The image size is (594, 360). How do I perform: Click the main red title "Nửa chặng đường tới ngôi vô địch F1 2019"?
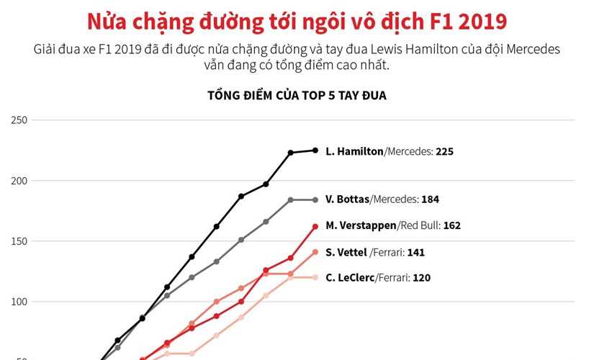tap(297, 21)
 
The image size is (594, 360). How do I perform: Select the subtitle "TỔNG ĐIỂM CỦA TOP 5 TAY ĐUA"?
tap(297, 95)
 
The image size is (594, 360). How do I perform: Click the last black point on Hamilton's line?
tap(315, 150)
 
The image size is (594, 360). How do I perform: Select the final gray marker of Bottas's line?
tap(315, 199)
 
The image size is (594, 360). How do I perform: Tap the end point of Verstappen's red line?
tap(315, 226)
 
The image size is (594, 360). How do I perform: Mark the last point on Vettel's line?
tap(315, 252)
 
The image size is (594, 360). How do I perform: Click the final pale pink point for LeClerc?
tap(315, 277)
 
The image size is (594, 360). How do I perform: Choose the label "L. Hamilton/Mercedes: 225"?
tap(390, 152)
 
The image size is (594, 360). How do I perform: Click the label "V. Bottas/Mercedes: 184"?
tap(382, 199)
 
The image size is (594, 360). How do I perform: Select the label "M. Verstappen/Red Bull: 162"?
tap(392, 225)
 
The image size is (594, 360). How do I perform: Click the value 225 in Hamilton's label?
tap(444, 152)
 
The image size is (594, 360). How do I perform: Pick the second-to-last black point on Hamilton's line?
tap(291, 153)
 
